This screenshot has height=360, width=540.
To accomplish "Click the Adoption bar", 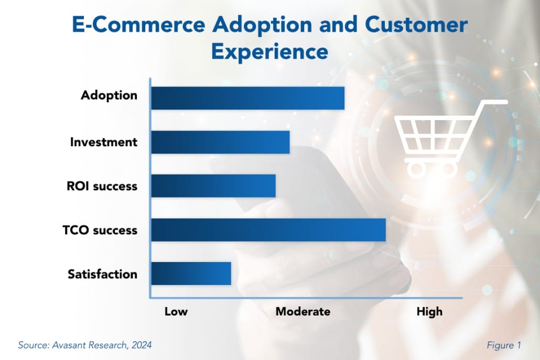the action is (248, 98).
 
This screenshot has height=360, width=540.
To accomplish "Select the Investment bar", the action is (220, 142).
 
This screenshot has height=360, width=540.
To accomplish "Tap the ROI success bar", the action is (213, 186).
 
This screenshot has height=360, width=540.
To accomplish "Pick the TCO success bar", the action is (268, 230).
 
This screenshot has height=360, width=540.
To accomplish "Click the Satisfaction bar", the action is (191, 274).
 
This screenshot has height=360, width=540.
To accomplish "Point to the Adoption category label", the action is (109, 95).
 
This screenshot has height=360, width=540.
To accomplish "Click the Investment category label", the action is (104, 142).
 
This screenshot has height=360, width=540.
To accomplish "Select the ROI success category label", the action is (102, 186).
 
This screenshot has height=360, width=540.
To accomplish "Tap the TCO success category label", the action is (100, 230).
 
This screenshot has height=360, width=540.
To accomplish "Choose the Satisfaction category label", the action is (102, 274).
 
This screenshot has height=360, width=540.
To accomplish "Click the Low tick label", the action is (176, 311).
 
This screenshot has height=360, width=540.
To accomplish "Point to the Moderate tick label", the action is (303, 311).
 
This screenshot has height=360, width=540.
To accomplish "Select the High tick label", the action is (429, 312).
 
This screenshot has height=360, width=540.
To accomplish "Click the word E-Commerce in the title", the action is (138, 25).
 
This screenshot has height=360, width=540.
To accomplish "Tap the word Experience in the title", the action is (269, 52).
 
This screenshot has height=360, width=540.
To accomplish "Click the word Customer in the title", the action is (416, 25).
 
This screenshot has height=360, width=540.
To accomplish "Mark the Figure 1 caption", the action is (504, 345).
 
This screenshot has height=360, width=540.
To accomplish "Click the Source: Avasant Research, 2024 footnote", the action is (85, 345).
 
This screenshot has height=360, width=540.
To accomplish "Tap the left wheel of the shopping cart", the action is (417, 169).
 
